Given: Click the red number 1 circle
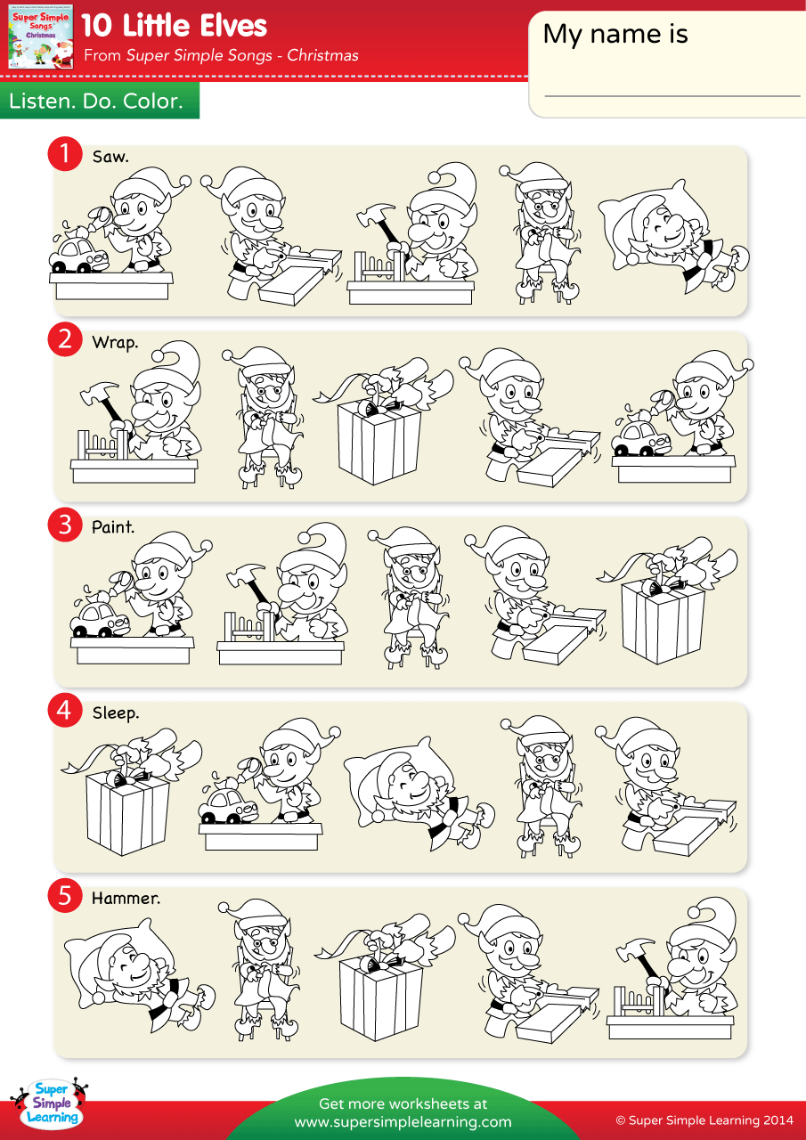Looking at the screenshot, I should (64, 153).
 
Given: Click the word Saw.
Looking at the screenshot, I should (110, 157).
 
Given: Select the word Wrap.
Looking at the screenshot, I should (115, 342).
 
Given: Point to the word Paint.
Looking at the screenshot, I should (113, 527).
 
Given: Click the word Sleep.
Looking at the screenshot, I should (116, 712).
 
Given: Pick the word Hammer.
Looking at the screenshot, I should (126, 898).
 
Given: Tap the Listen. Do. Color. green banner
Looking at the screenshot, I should (96, 102).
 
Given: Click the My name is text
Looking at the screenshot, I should (615, 34).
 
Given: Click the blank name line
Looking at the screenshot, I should (672, 94).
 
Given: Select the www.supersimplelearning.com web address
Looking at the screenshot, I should (403, 1121).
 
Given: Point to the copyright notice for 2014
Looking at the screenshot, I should (704, 1120).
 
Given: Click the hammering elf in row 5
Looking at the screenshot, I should (686, 966).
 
